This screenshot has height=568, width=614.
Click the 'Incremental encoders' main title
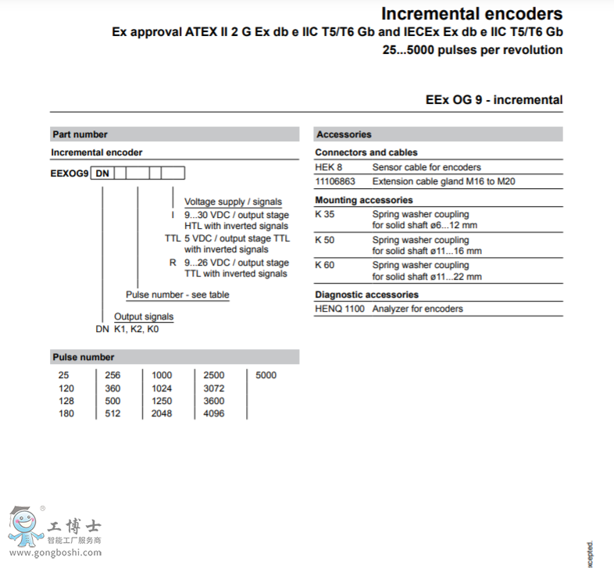[x=471, y=13]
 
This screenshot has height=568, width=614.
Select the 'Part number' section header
[x=80, y=134]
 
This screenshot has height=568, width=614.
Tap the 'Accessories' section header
[x=344, y=134]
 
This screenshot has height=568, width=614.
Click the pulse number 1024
[x=162, y=388]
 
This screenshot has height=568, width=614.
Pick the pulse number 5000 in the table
[x=266, y=375]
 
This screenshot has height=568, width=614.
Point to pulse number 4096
[x=213, y=413]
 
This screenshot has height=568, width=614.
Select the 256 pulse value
[x=113, y=375]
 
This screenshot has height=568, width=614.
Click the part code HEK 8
[x=329, y=167]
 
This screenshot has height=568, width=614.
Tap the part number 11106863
[x=335, y=181]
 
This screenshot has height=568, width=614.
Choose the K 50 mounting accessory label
[x=325, y=240]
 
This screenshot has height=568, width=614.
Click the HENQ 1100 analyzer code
[x=340, y=309]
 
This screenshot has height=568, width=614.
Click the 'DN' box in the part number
[x=102, y=173]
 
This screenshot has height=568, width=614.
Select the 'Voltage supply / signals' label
[x=233, y=202]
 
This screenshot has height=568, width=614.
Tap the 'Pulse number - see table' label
[x=177, y=295]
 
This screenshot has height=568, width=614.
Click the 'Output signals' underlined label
[x=144, y=316]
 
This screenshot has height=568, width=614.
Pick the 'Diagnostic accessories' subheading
[x=366, y=295]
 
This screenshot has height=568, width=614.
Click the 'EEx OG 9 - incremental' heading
[x=494, y=100]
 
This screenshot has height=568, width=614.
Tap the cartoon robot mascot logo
[x=24, y=527]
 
